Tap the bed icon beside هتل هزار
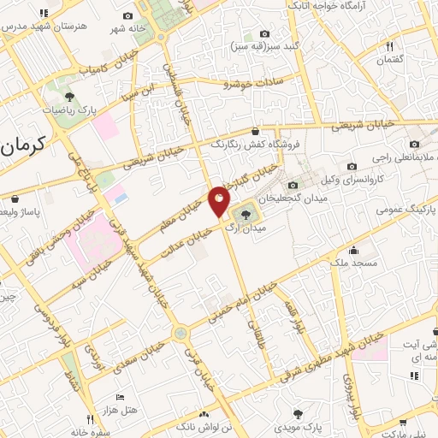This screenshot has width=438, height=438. (x=121, y=398)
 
